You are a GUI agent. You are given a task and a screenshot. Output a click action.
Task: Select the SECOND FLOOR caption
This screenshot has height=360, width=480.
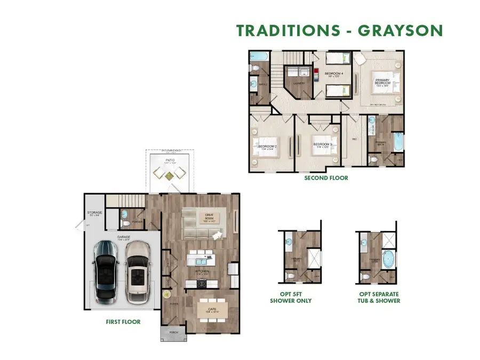click(x=326, y=178)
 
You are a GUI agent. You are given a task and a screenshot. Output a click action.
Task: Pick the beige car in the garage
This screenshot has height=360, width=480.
click(x=138, y=271)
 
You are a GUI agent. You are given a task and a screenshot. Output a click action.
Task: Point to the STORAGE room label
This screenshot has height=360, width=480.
click(x=95, y=214)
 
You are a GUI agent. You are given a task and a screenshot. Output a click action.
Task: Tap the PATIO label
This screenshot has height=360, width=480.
click(x=169, y=159)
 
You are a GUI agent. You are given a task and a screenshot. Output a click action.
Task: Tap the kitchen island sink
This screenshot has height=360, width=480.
click(x=202, y=261)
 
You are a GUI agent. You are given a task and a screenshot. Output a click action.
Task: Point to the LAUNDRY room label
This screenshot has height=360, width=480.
click(x=299, y=83)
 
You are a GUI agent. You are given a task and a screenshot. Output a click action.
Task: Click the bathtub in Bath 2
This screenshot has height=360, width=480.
click(x=261, y=56)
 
